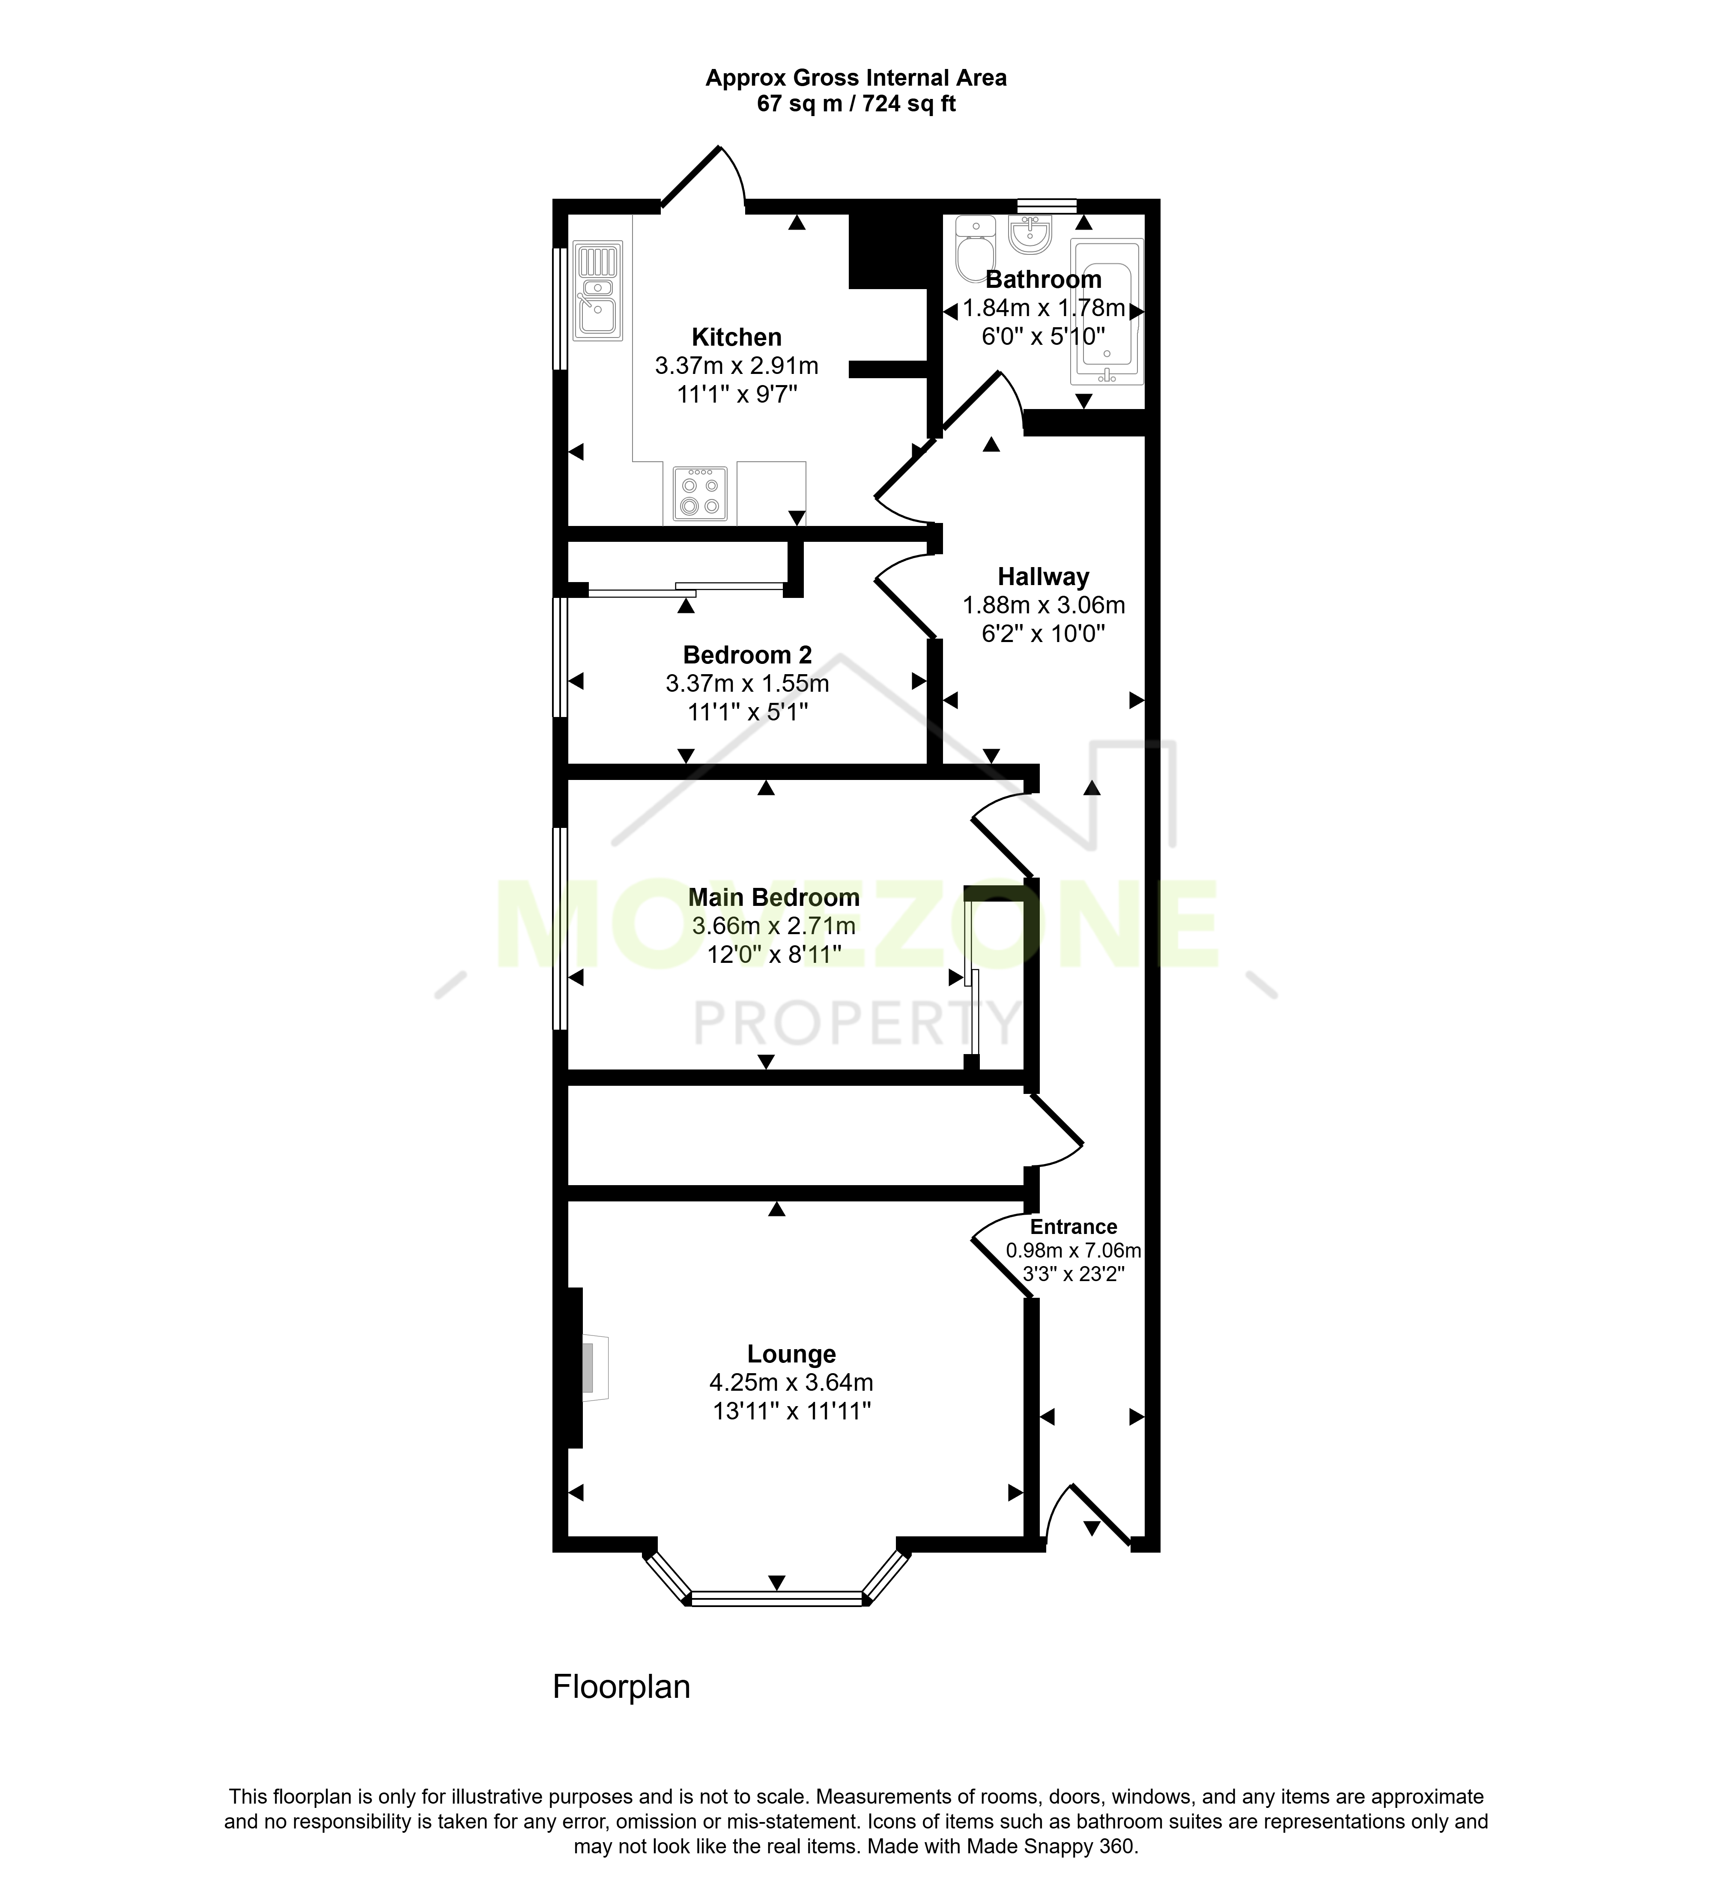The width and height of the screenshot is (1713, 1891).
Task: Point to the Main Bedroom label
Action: pos(773,898)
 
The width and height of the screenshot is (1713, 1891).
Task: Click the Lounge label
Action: pos(791,1354)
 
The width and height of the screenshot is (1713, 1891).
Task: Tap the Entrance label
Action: pos(1074,1227)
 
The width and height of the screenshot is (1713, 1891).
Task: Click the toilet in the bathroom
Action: pos(975,248)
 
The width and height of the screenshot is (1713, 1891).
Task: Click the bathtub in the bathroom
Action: pos(1106,311)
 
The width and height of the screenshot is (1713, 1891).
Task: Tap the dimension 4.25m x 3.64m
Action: pos(791,1383)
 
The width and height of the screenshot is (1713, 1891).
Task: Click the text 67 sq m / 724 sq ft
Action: pos(856,104)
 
